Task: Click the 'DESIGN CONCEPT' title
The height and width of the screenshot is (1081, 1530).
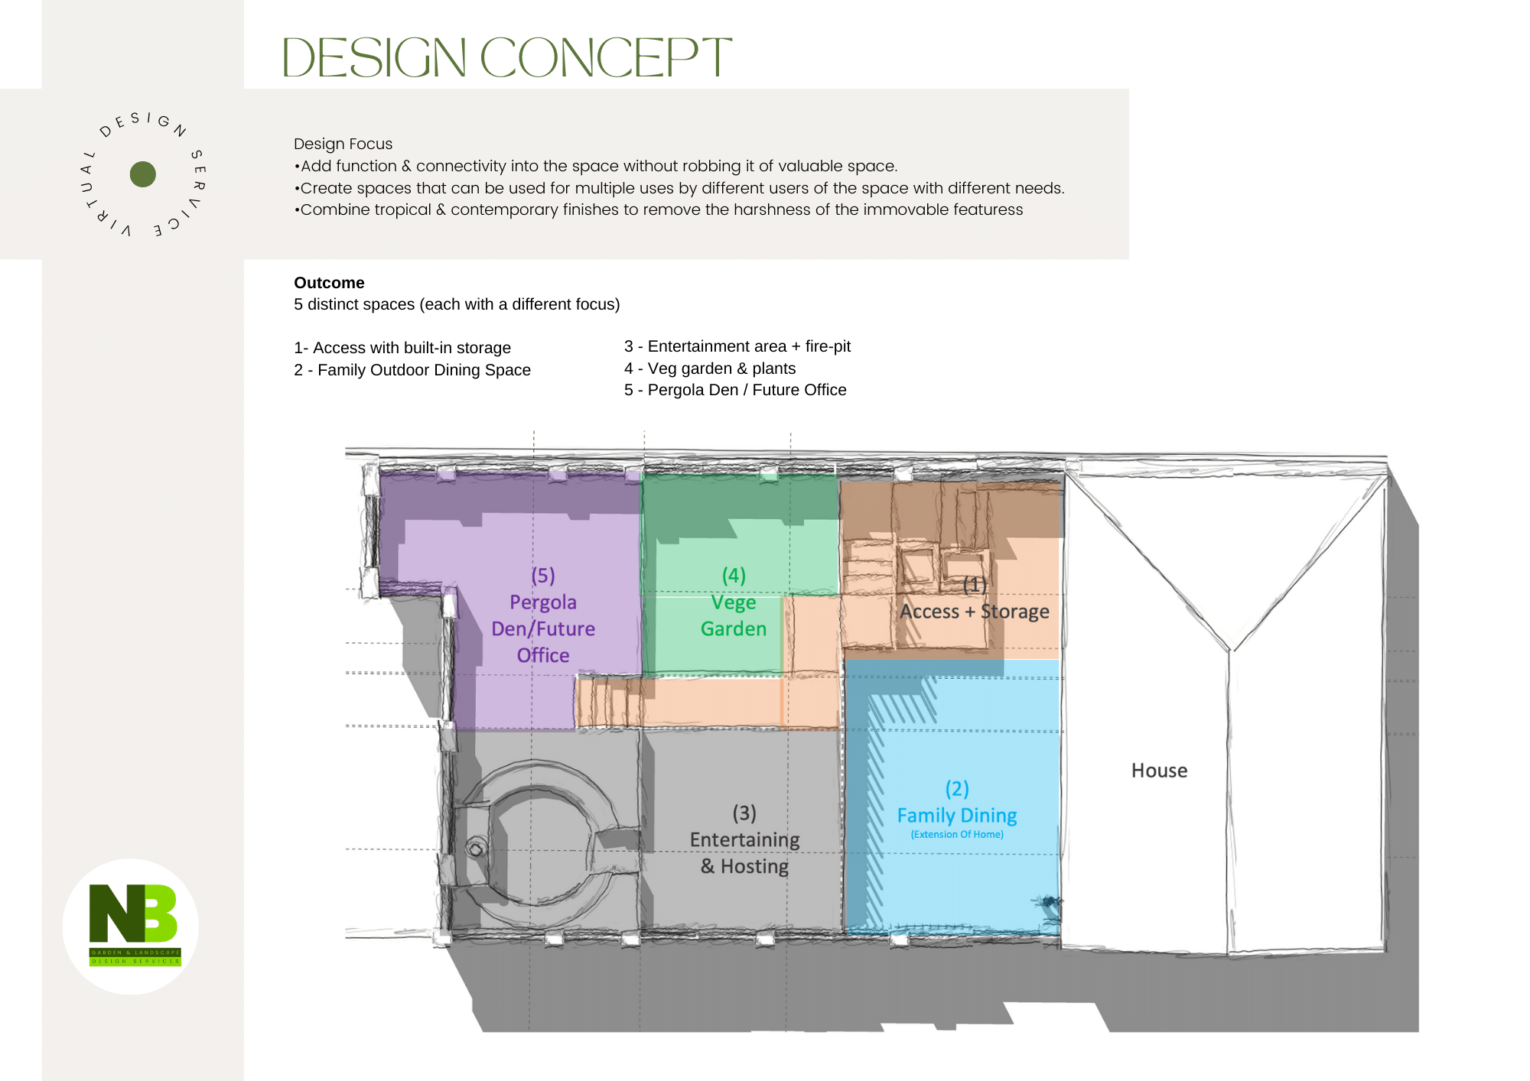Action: point(506,57)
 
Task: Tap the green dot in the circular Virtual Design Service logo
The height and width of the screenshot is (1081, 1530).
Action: point(143,174)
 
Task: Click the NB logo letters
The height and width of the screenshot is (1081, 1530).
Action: point(133,913)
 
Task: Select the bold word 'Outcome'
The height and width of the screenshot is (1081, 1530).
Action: point(329,283)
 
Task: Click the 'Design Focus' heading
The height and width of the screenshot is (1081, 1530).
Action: point(343,144)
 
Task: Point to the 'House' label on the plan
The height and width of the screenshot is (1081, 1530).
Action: point(1159,771)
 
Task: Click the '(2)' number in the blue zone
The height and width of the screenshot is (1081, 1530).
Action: point(957,788)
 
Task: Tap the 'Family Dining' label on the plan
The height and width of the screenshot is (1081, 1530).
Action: point(957,816)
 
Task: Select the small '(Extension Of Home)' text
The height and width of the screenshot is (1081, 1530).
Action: point(957,834)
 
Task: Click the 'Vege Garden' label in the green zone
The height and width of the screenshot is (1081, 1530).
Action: point(734,615)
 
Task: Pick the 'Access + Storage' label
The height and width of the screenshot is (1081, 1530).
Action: point(974,612)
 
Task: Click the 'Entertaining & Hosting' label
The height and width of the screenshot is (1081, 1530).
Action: point(744,853)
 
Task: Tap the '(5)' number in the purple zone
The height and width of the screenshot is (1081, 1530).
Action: point(543,575)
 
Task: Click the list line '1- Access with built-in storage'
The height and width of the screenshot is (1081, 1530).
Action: point(402,348)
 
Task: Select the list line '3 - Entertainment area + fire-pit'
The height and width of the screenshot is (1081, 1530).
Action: point(737,346)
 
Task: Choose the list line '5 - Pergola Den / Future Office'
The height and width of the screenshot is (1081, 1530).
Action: point(735,390)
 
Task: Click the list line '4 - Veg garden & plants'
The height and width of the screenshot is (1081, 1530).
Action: point(710,368)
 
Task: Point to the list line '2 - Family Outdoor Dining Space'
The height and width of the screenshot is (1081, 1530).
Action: point(412,370)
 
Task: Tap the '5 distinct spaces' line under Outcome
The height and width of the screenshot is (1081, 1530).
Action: point(457,304)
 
